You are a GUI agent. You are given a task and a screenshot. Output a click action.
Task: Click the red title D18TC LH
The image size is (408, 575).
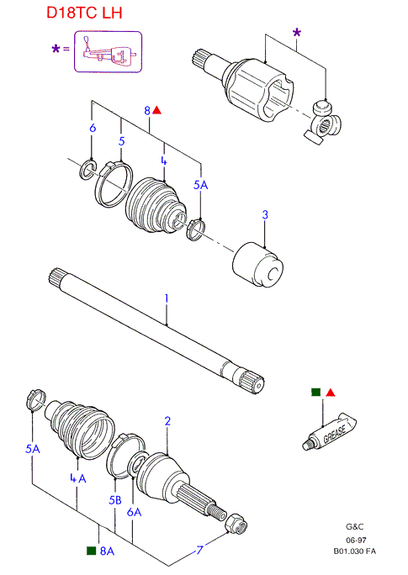[x=84, y=13]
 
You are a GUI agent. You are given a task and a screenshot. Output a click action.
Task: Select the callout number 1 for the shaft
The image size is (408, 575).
[x=167, y=298]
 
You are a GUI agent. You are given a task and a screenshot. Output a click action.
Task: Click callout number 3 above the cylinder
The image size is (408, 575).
[x=265, y=214]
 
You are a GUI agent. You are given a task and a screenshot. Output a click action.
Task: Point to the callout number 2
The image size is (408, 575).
[x=167, y=421]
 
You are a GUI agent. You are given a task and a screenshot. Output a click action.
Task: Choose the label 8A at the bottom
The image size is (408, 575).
[x=107, y=551]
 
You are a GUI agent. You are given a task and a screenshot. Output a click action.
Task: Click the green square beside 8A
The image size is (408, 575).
[x=91, y=551]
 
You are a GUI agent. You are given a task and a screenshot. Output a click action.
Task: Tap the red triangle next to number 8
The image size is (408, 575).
[x=156, y=109]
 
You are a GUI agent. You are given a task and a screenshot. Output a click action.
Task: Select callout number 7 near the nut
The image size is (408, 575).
[x=199, y=550]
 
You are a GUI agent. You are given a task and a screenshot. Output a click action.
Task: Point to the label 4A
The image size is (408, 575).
[x=78, y=478]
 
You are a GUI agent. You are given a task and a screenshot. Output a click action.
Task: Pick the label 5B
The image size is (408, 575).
[x=115, y=500]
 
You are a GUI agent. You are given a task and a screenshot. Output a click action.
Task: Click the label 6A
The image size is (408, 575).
[x=135, y=512]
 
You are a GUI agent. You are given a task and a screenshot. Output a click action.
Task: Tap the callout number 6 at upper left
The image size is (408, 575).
[x=93, y=128]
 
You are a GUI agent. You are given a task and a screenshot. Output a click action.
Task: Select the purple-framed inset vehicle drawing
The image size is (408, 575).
[x=109, y=52]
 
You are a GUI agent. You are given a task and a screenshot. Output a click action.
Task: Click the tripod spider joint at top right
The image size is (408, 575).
[x=323, y=122]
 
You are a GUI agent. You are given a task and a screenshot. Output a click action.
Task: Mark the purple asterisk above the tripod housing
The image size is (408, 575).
[x=297, y=32]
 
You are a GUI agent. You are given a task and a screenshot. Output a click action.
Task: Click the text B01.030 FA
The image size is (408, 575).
[x=354, y=551]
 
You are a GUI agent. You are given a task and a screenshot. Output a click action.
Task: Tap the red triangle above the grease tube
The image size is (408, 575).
[x=331, y=393]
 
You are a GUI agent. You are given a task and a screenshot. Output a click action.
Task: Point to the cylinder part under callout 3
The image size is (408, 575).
[x=258, y=265]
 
